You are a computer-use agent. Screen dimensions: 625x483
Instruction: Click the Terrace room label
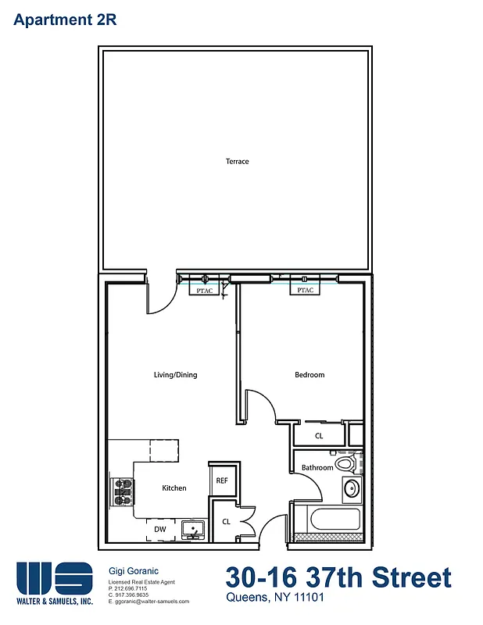237,162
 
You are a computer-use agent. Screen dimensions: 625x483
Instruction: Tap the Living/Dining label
175,375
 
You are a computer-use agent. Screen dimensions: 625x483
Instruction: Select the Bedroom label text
309,375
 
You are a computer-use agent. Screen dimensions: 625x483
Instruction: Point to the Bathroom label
317,468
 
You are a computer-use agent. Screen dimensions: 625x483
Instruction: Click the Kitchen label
174,488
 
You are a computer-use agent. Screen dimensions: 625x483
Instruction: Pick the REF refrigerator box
221,480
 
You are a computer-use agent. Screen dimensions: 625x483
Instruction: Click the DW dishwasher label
159,530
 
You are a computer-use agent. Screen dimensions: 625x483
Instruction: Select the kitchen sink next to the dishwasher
192,530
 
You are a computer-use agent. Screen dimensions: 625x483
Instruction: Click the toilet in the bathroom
345,465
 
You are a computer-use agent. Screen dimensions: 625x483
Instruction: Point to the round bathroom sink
352,490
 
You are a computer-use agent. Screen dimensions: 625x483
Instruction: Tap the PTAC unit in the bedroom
305,291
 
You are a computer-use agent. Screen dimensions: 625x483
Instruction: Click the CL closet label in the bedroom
319,435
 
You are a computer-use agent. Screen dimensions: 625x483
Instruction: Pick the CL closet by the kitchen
226,521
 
